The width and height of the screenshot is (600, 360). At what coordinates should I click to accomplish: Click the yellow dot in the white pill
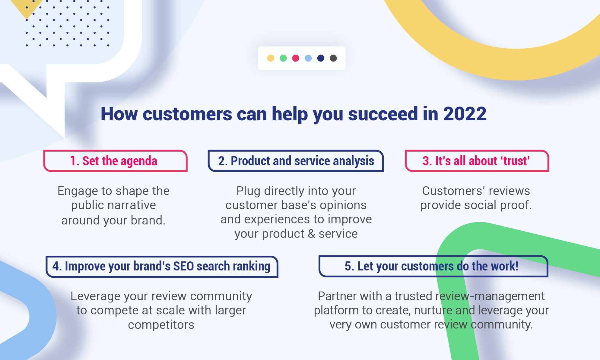point(271,58)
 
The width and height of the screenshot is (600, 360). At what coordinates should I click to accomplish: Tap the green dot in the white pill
point(283,58)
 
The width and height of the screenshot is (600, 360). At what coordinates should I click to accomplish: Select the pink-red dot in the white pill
point(296,58)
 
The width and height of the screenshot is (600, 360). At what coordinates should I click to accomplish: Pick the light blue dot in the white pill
point(308,58)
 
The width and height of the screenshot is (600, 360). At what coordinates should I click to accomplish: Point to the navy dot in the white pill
point(321,58)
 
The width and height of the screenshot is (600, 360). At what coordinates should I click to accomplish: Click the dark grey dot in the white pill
point(333,58)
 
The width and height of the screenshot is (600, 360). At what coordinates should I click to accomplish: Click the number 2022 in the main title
point(465,114)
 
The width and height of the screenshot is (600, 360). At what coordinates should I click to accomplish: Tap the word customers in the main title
point(187,114)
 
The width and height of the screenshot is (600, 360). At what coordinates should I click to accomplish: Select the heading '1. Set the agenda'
point(114,161)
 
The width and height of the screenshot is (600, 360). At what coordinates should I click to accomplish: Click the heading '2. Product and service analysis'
point(296,161)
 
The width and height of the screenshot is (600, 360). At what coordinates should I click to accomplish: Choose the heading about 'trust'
point(476,161)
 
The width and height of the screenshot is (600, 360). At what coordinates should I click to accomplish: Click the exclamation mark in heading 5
point(516,266)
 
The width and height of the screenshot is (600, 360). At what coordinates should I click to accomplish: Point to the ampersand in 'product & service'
point(312,234)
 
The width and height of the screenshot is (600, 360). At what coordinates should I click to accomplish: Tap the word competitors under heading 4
point(161,325)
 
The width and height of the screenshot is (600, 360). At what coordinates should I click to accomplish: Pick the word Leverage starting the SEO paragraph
point(95,296)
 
